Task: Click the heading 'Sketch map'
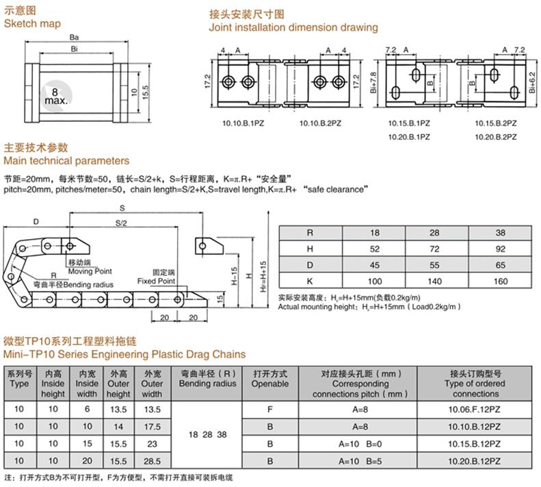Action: coord(32,24)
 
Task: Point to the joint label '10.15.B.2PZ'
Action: coord(496,123)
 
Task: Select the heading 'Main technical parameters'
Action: coord(66,161)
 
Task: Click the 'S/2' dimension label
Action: coord(120,223)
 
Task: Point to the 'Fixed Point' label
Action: coord(156,281)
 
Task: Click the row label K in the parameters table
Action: coord(310,282)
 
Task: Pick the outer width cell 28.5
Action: coord(151,462)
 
